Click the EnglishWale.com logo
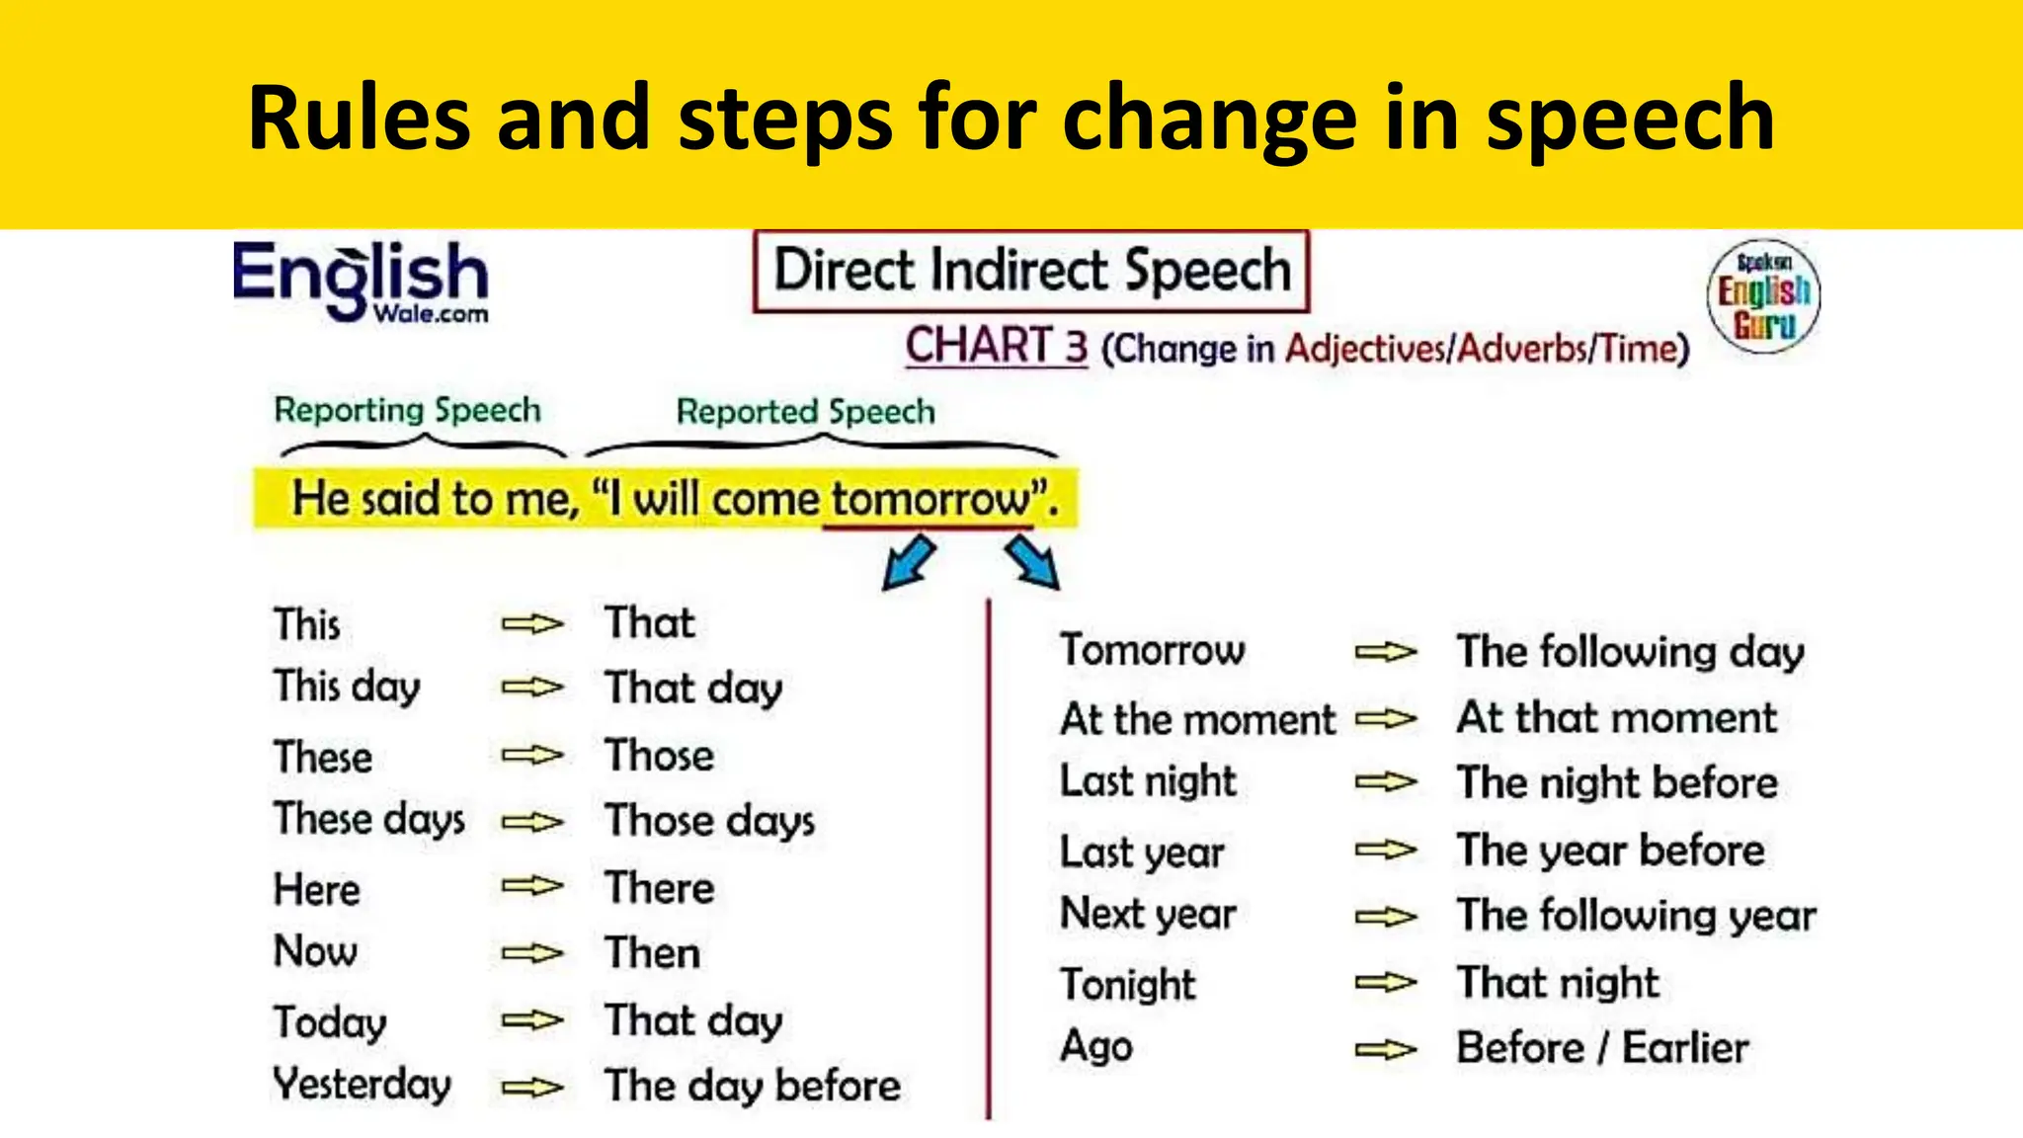point(361,281)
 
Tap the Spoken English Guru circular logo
point(1763,295)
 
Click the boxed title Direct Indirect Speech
point(1031,272)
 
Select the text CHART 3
point(996,346)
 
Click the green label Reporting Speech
point(407,410)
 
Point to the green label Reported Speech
point(805,411)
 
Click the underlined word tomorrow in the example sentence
point(929,499)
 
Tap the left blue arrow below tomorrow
point(909,562)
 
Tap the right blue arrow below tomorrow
point(1033,562)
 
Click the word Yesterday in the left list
point(363,1085)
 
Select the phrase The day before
point(753,1086)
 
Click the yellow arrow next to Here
point(531,887)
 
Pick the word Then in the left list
point(653,953)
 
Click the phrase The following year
point(1637,916)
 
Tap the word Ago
point(1096,1046)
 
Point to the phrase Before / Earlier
point(1602,1048)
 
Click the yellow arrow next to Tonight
point(1386,983)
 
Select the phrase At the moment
point(1197,719)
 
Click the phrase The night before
point(1617,782)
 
